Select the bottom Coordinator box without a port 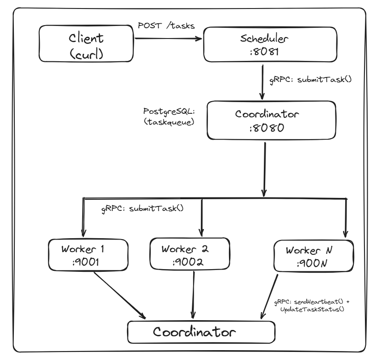coord(200,332)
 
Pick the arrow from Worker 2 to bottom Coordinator coord(194,296)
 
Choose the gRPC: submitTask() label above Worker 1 coord(142,208)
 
